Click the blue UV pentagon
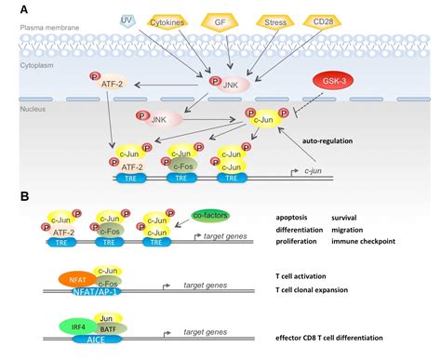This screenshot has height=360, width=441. point(129,20)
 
